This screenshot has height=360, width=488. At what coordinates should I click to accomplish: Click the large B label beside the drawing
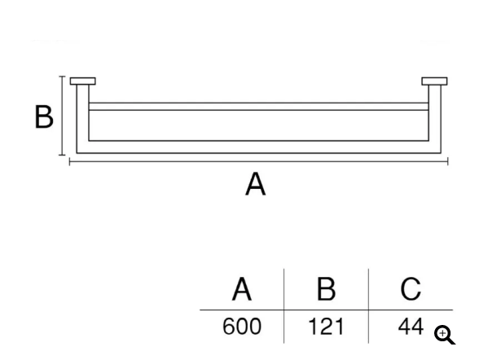click(x=44, y=116)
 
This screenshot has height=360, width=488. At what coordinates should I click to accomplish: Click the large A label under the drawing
click(x=256, y=184)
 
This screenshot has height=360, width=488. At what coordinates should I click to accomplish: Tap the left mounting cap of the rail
click(x=83, y=81)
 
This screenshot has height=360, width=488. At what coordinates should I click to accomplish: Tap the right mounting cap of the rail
click(x=434, y=81)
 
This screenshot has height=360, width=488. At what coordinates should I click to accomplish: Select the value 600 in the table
click(x=242, y=327)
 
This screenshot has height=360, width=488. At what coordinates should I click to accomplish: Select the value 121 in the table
click(x=326, y=327)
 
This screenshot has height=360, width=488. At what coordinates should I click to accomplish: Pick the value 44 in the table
click(x=411, y=327)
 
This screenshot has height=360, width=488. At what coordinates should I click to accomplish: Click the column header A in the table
click(x=242, y=289)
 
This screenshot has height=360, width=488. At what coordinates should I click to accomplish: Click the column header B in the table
click(x=326, y=289)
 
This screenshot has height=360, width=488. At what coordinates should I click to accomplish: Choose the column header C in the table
click(x=411, y=289)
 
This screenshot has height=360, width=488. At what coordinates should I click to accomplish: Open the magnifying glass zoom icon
click(x=445, y=335)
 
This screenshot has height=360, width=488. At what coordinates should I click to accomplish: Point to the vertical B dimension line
click(x=62, y=116)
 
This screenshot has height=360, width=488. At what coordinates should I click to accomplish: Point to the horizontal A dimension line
click(x=258, y=161)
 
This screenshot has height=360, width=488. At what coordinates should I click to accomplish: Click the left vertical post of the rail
click(x=83, y=119)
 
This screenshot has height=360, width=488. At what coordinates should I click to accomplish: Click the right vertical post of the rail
click(x=435, y=119)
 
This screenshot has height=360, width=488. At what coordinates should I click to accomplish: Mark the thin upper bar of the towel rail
click(x=258, y=107)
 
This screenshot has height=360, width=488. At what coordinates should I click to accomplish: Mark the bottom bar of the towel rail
click(x=258, y=147)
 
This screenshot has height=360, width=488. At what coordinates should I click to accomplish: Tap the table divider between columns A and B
click(x=284, y=306)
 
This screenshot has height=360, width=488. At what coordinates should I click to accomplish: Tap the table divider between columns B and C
click(x=368, y=306)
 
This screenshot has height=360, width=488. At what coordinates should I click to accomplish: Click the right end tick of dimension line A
click(x=448, y=161)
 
